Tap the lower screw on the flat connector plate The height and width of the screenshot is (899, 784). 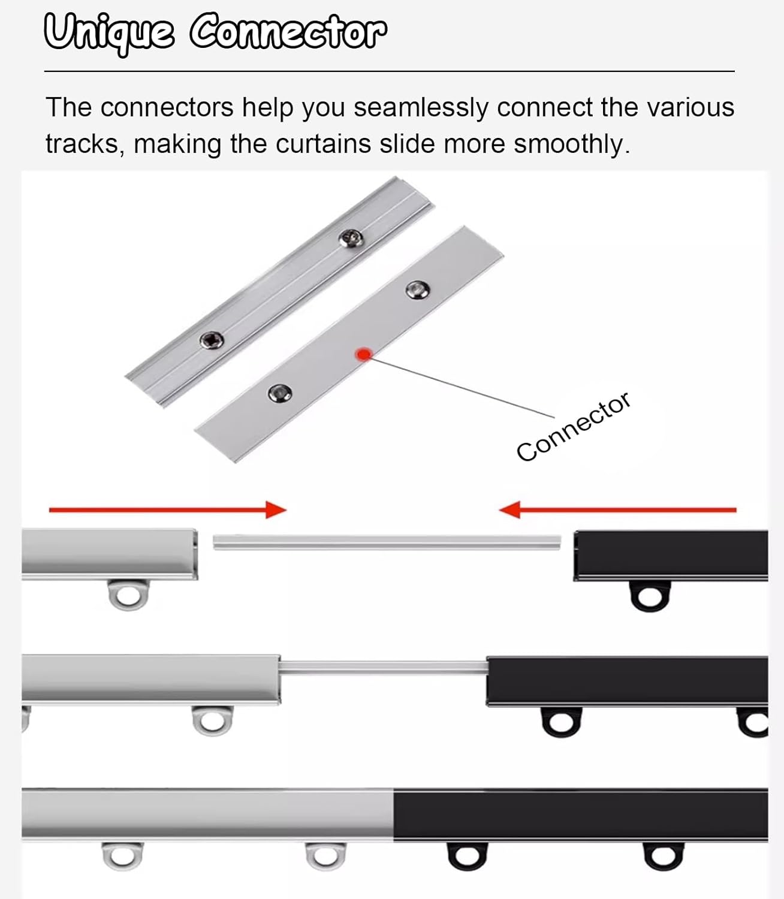[x=279, y=393]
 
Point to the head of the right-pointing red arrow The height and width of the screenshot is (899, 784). [x=277, y=510]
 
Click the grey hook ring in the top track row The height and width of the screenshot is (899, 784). [x=128, y=595]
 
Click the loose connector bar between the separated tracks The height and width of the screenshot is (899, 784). [x=387, y=542]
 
